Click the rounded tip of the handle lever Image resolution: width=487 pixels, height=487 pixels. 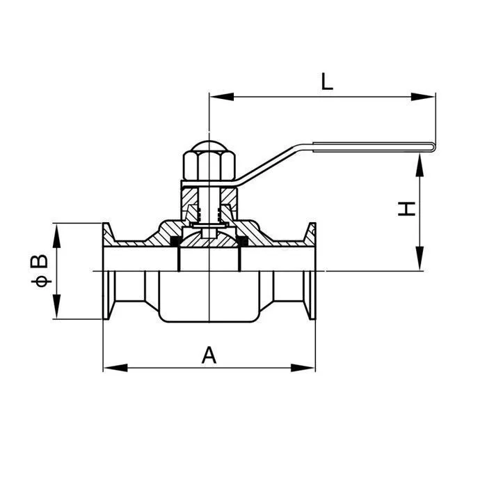click(x=433, y=146)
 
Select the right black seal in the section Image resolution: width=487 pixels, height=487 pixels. click(x=243, y=242)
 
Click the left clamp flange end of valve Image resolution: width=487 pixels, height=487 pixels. click(x=109, y=272)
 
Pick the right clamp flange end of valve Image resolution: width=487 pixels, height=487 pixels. click(x=311, y=272)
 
